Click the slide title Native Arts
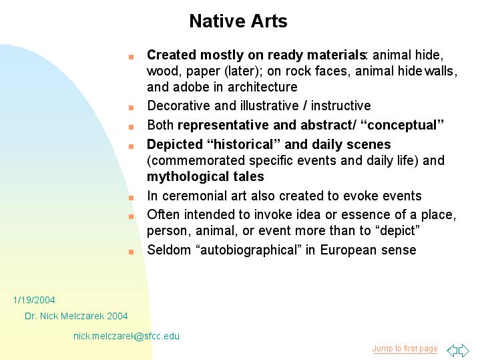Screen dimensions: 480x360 coord(238,21)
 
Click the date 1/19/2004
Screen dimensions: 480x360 coord(34,300)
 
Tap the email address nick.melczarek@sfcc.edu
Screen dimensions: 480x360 coord(126,336)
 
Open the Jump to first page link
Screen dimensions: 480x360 coord(405,349)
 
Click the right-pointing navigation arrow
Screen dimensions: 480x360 coord(464,350)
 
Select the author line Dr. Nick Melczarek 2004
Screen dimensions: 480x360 coord(76,316)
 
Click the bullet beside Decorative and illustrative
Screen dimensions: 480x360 coord(131,108)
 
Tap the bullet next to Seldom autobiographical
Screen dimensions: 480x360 coord(131,252)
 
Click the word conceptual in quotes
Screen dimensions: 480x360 coord(402,125)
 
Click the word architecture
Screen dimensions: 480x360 coord(262,87)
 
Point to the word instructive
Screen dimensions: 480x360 coord(340,106)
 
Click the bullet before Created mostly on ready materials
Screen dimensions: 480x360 coord(131,57)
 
